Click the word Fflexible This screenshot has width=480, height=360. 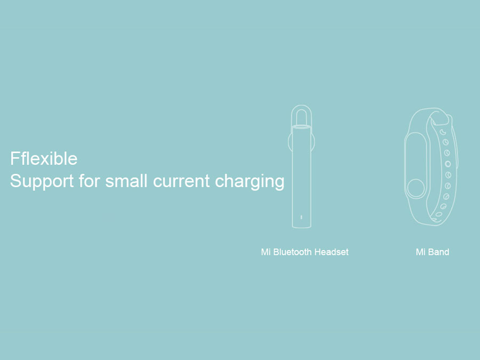pos(44,158)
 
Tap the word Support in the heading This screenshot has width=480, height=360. pos(42,181)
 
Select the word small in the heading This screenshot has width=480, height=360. pos(126,181)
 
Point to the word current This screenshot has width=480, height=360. pos(181,181)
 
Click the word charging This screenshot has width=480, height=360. pos(250,182)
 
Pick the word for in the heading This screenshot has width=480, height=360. pos(90,181)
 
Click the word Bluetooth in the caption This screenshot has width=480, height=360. pos(292,252)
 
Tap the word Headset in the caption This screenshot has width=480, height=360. pos(332,252)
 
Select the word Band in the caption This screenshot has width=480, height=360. pos(439,252)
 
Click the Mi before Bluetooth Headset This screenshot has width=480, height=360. pos(266,252)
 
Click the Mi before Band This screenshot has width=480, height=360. pos(421,252)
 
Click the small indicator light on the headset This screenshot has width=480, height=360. pos(301,218)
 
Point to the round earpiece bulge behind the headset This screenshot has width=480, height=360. pos(290,142)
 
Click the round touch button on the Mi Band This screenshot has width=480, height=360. pos(416,188)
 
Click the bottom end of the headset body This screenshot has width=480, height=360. pos(301,227)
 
